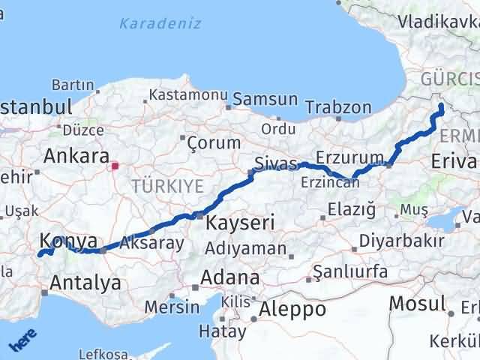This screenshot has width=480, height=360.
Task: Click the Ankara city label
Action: (x=76, y=156)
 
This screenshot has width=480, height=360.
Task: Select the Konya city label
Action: (x=68, y=241)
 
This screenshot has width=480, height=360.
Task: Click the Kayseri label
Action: (x=240, y=223)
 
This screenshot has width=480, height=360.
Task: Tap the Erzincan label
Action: (x=326, y=183)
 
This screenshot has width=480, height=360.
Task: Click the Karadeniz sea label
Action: (x=160, y=23)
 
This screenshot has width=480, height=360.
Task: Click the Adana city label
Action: (x=228, y=277)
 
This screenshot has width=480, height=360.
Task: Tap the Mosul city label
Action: (x=417, y=304)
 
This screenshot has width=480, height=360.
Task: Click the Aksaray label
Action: (x=150, y=243)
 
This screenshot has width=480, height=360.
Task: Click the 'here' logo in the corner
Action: (x=22, y=341)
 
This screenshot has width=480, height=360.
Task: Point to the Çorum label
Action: (x=213, y=142)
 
